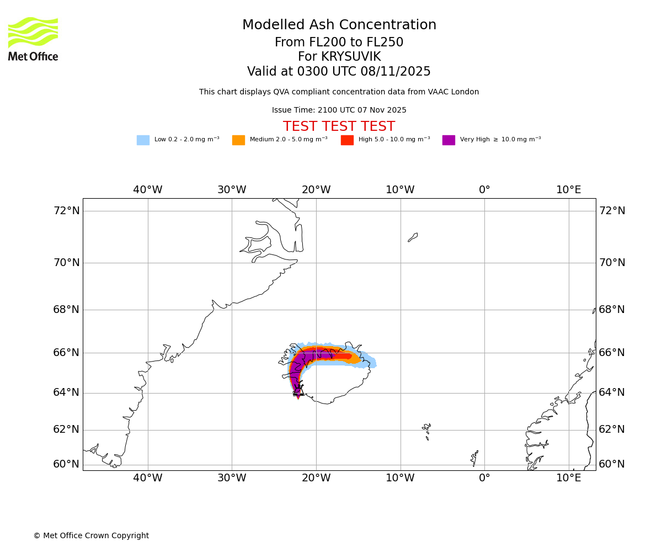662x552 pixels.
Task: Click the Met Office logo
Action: pyautogui.click(x=33, y=39)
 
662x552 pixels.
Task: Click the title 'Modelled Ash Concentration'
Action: pyautogui.click(x=339, y=25)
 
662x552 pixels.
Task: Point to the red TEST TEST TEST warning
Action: pyautogui.click(x=339, y=126)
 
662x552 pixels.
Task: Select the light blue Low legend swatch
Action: pyautogui.click(x=143, y=140)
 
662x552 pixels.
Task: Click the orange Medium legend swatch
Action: pyautogui.click(x=238, y=140)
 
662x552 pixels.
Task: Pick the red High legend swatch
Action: pyautogui.click(x=347, y=140)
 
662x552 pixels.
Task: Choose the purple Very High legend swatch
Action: pyautogui.click(x=449, y=140)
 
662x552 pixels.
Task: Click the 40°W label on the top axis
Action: pyautogui.click(x=148, y=190)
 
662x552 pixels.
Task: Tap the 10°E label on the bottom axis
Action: pyautogui.click(x=569, y=478)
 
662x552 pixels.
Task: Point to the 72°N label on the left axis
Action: pyautogui.click(x=66, y=211)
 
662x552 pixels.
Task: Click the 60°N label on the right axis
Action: pyautogui.click(x=612, y=464)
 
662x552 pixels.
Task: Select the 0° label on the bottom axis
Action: pyautogui.click(x=484, y=478)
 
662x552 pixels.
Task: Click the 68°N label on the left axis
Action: pyautogui.click(x=66, y=309)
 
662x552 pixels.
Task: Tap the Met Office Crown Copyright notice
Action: pyautogui.click(x=91, y=535)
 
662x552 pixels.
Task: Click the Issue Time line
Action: pyautogui.click(x=339, y=110)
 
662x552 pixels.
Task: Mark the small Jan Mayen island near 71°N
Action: pyautogui.click(x=413, y=237)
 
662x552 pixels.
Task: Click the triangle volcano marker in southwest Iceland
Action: pyautogui.click(x=298, y=390)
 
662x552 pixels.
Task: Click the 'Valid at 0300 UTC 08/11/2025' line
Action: pyautogui.click(x=339, y=72)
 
